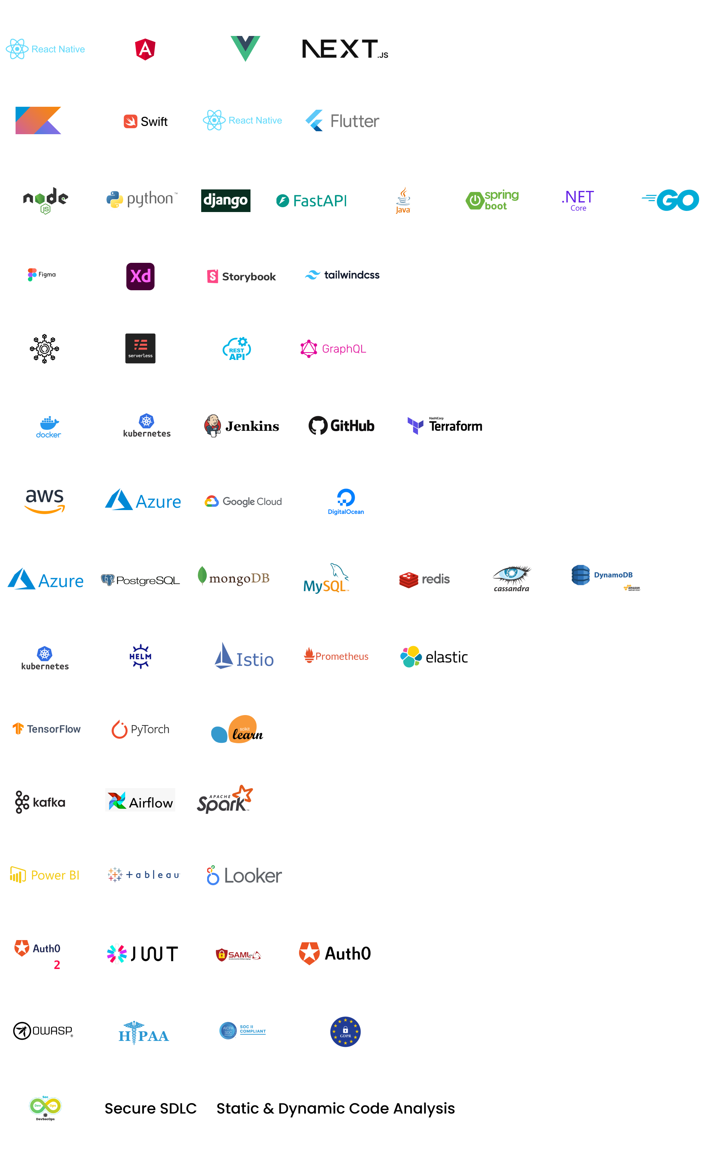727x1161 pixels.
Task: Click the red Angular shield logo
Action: (x=145, y=49)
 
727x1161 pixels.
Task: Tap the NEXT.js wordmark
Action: (x=344, y=49)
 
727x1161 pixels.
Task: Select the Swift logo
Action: (x=145, y=121)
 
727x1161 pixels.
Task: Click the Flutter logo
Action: (x=342, y=121)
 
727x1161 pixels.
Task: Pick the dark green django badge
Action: (x=226, y=200)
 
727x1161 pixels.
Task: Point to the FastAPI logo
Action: (x=312, y=201)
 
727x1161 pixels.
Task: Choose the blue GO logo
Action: (x=671, y=200)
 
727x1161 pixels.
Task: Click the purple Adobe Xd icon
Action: (x=140, y=276)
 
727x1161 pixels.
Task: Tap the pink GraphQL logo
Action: (x=333, y=349)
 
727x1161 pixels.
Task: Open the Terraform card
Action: (x=442, y=426)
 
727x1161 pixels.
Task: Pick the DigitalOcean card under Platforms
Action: (x=344, y=502)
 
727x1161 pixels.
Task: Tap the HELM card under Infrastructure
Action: (x=145, y=656)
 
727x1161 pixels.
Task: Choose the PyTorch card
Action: (x=142, y=729)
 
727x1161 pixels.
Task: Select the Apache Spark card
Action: (x=225, y=801)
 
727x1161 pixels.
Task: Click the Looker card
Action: (x=244, y=874)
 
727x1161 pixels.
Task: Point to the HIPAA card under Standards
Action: (x=146, y=1031)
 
